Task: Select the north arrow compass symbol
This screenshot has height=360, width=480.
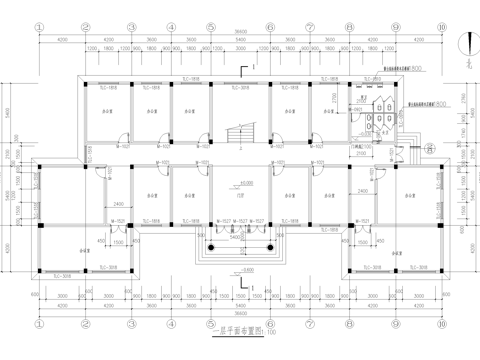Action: (467, 43)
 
